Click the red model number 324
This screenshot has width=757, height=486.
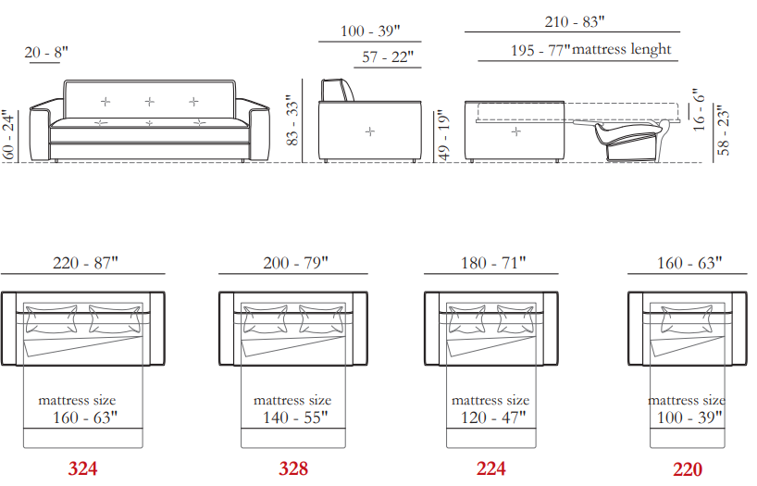click(x=82, y=468)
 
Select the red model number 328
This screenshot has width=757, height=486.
click(x=293, y=468)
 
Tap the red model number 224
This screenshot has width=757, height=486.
click(x=491, y=468)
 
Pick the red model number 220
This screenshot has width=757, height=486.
click(x=688, y=469)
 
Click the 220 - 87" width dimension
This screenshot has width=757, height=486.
click(x=85, y=263)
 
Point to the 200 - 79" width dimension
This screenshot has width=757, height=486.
click(x=295, y=263)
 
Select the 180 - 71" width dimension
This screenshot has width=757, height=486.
click(x=493, y=263)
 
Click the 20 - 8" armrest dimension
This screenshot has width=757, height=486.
click(x=46, y=52)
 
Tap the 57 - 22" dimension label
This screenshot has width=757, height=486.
click(x=388, y=57)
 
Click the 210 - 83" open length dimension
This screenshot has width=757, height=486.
click(x=575, y=21)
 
